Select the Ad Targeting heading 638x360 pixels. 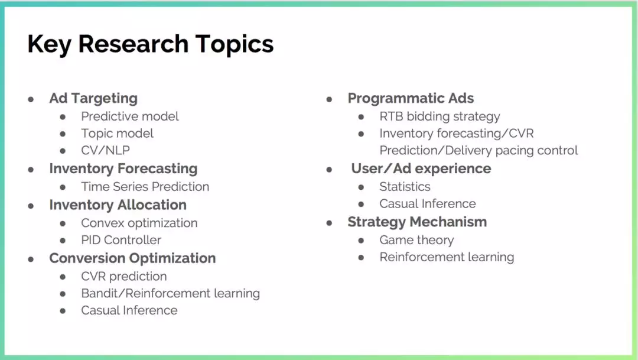(93, 99)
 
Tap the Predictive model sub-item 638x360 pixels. (130, 116)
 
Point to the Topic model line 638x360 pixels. (117, 134)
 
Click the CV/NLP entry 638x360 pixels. (105, 150)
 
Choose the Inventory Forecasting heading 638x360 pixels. (123, 168)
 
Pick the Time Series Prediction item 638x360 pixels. (145, 187)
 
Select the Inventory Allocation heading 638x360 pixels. (118, 205)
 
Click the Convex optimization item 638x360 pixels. (139, 223)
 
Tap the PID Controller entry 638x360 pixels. (121, 240)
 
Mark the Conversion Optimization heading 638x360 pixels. (133, 258)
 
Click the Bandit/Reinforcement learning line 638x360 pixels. (171, 294)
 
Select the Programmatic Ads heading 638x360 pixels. (411, 99)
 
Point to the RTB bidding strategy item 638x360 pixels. (440, 117)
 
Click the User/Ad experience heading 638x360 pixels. (421, 168)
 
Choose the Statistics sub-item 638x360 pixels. (405, 187)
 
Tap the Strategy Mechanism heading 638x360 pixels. (417, 222)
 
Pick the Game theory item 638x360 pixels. (416, 240)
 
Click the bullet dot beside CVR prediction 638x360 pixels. (63, 277)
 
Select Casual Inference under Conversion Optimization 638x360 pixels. (129, 310)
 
